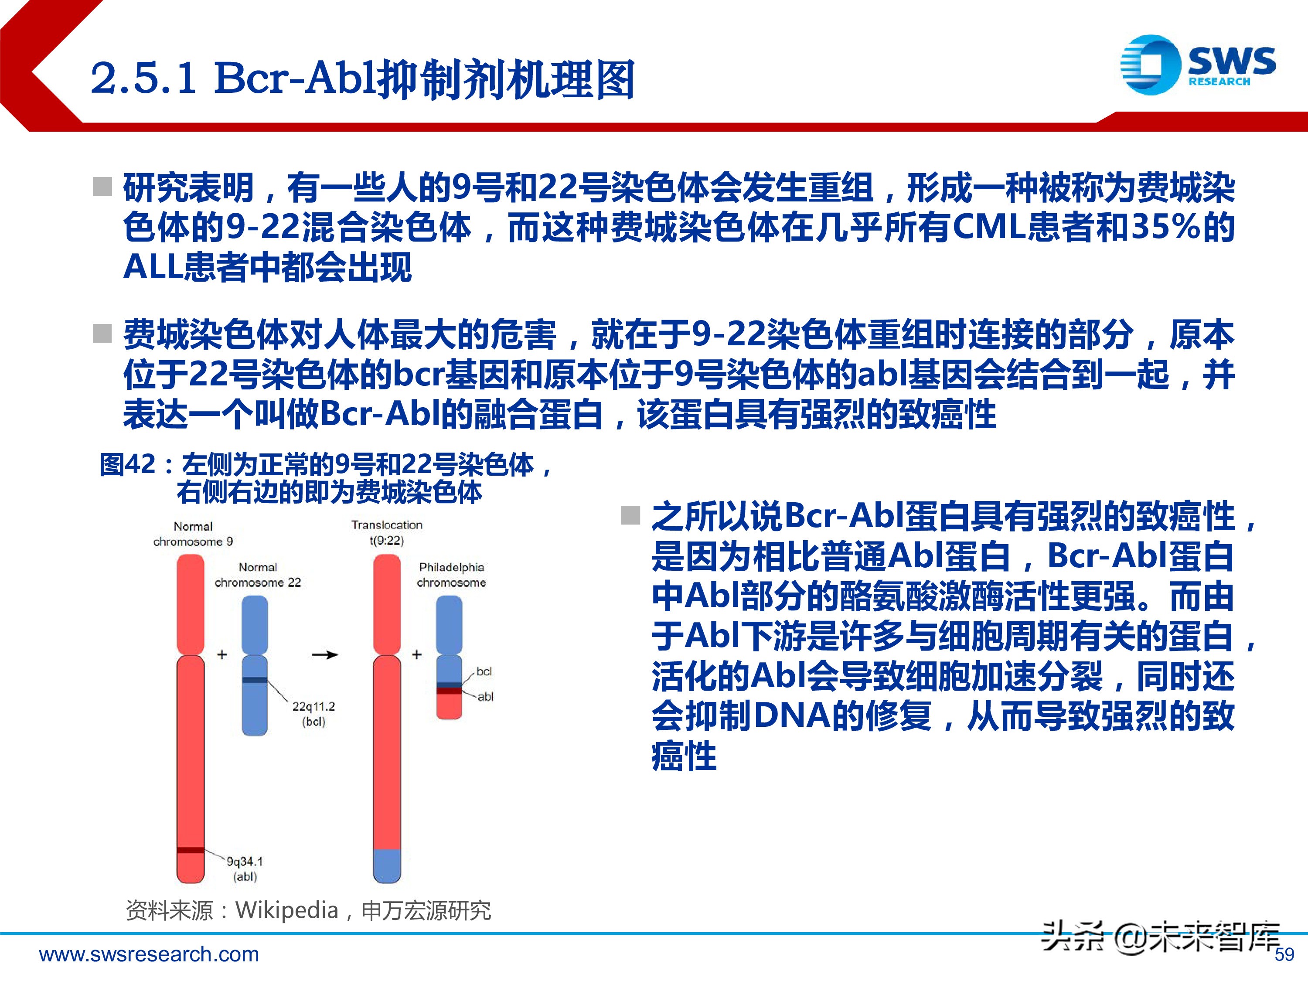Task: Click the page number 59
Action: tap(1284, 954)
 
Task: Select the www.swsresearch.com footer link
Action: tap(149, 954)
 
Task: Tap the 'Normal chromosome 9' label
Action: tap(193, 534)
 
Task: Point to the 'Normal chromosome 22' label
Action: tap(258, 575)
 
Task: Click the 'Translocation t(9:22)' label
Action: tap(387, 533)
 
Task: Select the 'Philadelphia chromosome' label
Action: tap(451, 575)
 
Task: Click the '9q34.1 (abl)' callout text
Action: tap(245, 869)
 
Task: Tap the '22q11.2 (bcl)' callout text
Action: tap(313, 714)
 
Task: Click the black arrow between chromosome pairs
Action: tap(325, 654)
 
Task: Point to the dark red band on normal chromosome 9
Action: tap(191, 850)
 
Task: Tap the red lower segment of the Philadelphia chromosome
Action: tap(449, 706)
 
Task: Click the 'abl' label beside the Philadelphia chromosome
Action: tap(485, 697)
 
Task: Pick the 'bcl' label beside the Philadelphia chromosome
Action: tap(484, 671)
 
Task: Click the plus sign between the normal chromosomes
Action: tap(222, 654)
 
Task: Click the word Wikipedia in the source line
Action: tap(287, 910)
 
